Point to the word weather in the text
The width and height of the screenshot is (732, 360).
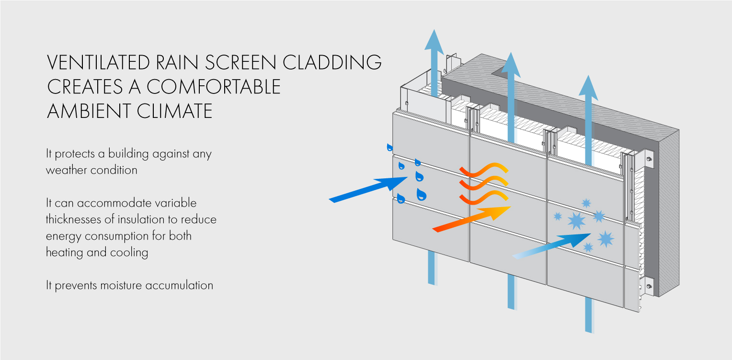[65, 170]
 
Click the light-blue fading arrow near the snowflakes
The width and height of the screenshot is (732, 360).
[551, 245]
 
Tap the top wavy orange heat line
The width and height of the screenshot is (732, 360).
[484, 169]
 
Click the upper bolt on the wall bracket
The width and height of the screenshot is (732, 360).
[649, 159]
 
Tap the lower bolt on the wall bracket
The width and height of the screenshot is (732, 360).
[649, 287]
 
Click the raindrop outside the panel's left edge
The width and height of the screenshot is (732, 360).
[390, 147]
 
